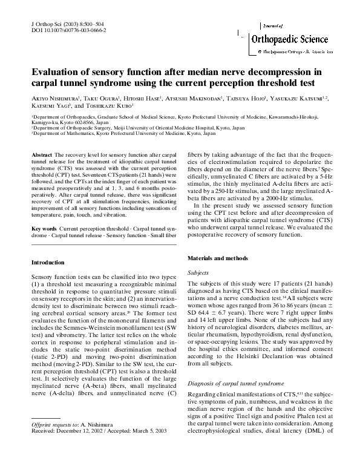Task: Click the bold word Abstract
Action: pyautogui.click(x=42, y=156)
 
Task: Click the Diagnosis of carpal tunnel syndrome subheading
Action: pyautogui.click(x=235, y=384)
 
